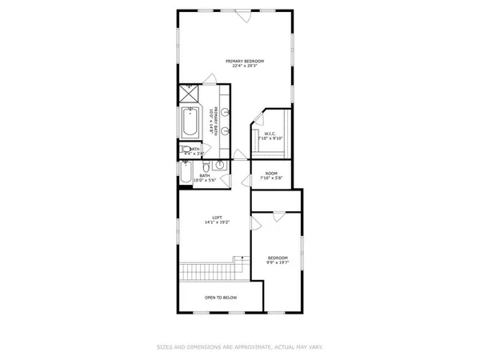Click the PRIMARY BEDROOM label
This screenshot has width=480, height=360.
pyautogui.click(x=244, y=61)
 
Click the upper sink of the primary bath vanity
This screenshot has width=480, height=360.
pyautogui.click(x=227, y=112)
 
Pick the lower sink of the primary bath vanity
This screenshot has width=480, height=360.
pyautogui.click(x=227, y=130)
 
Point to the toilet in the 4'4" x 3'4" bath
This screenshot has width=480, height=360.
pyautogui.click(x=186, y=150)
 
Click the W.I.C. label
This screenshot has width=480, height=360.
pyautogui.click(x=270, y=133)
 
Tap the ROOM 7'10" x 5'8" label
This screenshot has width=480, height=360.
pyautogui.click(x=271, y=173)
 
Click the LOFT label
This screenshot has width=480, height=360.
pyautogui.click(x=216, y=218)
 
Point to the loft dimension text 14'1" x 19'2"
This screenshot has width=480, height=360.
pyautogui.click(x=216, y=223)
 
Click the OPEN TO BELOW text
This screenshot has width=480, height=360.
pyautogui.click(x=220, y=297)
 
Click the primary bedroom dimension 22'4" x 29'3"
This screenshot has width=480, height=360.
pyautogui.click(x=244, y=66)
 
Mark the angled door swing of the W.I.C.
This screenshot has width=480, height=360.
pyautogui.click(x=257, y=122)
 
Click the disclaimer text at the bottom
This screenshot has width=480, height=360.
pyautogui.click(x=239, y=347)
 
